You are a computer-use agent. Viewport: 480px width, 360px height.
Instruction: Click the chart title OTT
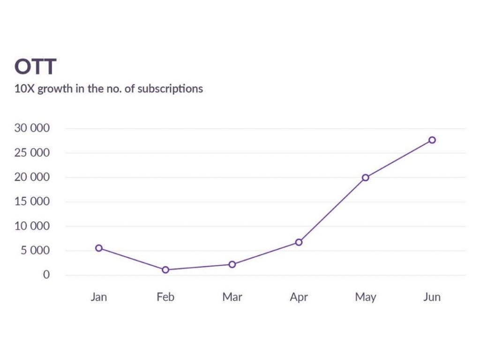pyautogui.click(x=35, y=67)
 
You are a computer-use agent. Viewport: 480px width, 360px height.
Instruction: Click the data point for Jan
pyautogui.click(x=99, y=248)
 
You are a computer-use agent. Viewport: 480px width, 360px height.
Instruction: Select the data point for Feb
pyautogui.click(x=165, y=270)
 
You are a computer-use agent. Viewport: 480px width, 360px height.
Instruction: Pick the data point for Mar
pyautogui.click(x=232, y=264)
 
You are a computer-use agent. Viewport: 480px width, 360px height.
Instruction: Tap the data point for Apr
pyautogui.click(x=299, y=242)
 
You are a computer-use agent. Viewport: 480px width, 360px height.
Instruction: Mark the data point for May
pyautogui.click(x=366, y=178)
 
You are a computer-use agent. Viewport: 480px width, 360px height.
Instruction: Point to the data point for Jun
pyautogui.click(x=432, y=140)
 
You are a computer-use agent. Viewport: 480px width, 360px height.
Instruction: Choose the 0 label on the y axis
pyautogui.click(x=46, y=275)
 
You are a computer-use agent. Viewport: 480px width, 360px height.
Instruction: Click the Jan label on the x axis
pyautogui.click(x=99, y=297)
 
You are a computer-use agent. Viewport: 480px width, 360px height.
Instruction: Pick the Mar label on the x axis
pyautogui.click(x=232, y=297)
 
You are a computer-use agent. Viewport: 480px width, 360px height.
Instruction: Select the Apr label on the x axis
pyautogui.click(x=299, y=297)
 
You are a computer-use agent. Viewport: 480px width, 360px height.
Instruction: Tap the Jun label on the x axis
pyautogui.click(x=432, y=297)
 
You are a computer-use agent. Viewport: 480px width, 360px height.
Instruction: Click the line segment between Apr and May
pyautogui.click(x=332, y=210)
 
